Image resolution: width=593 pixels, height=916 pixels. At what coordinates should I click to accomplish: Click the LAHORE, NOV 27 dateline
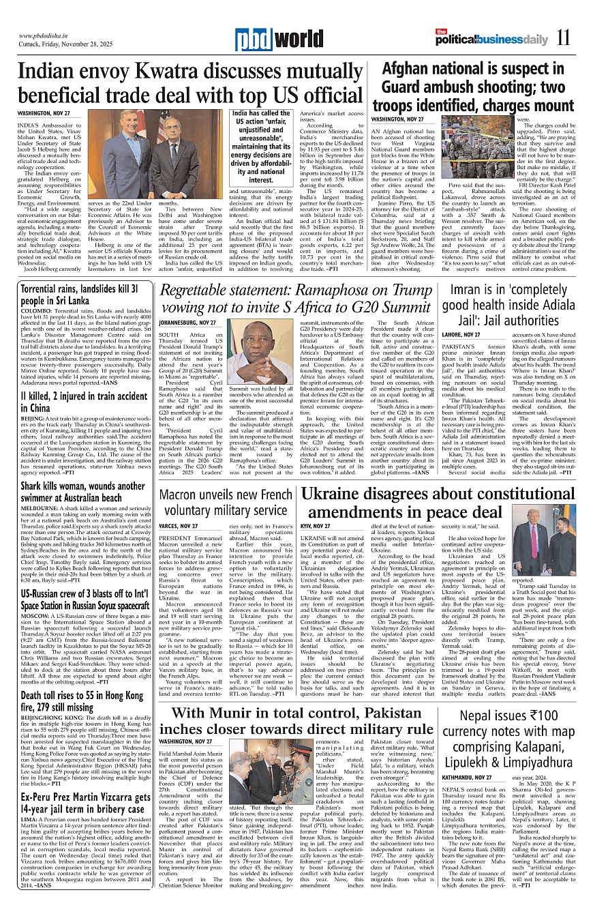tap(461, 335)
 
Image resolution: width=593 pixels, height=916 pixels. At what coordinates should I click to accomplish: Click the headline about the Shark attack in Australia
tap(82, 492)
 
